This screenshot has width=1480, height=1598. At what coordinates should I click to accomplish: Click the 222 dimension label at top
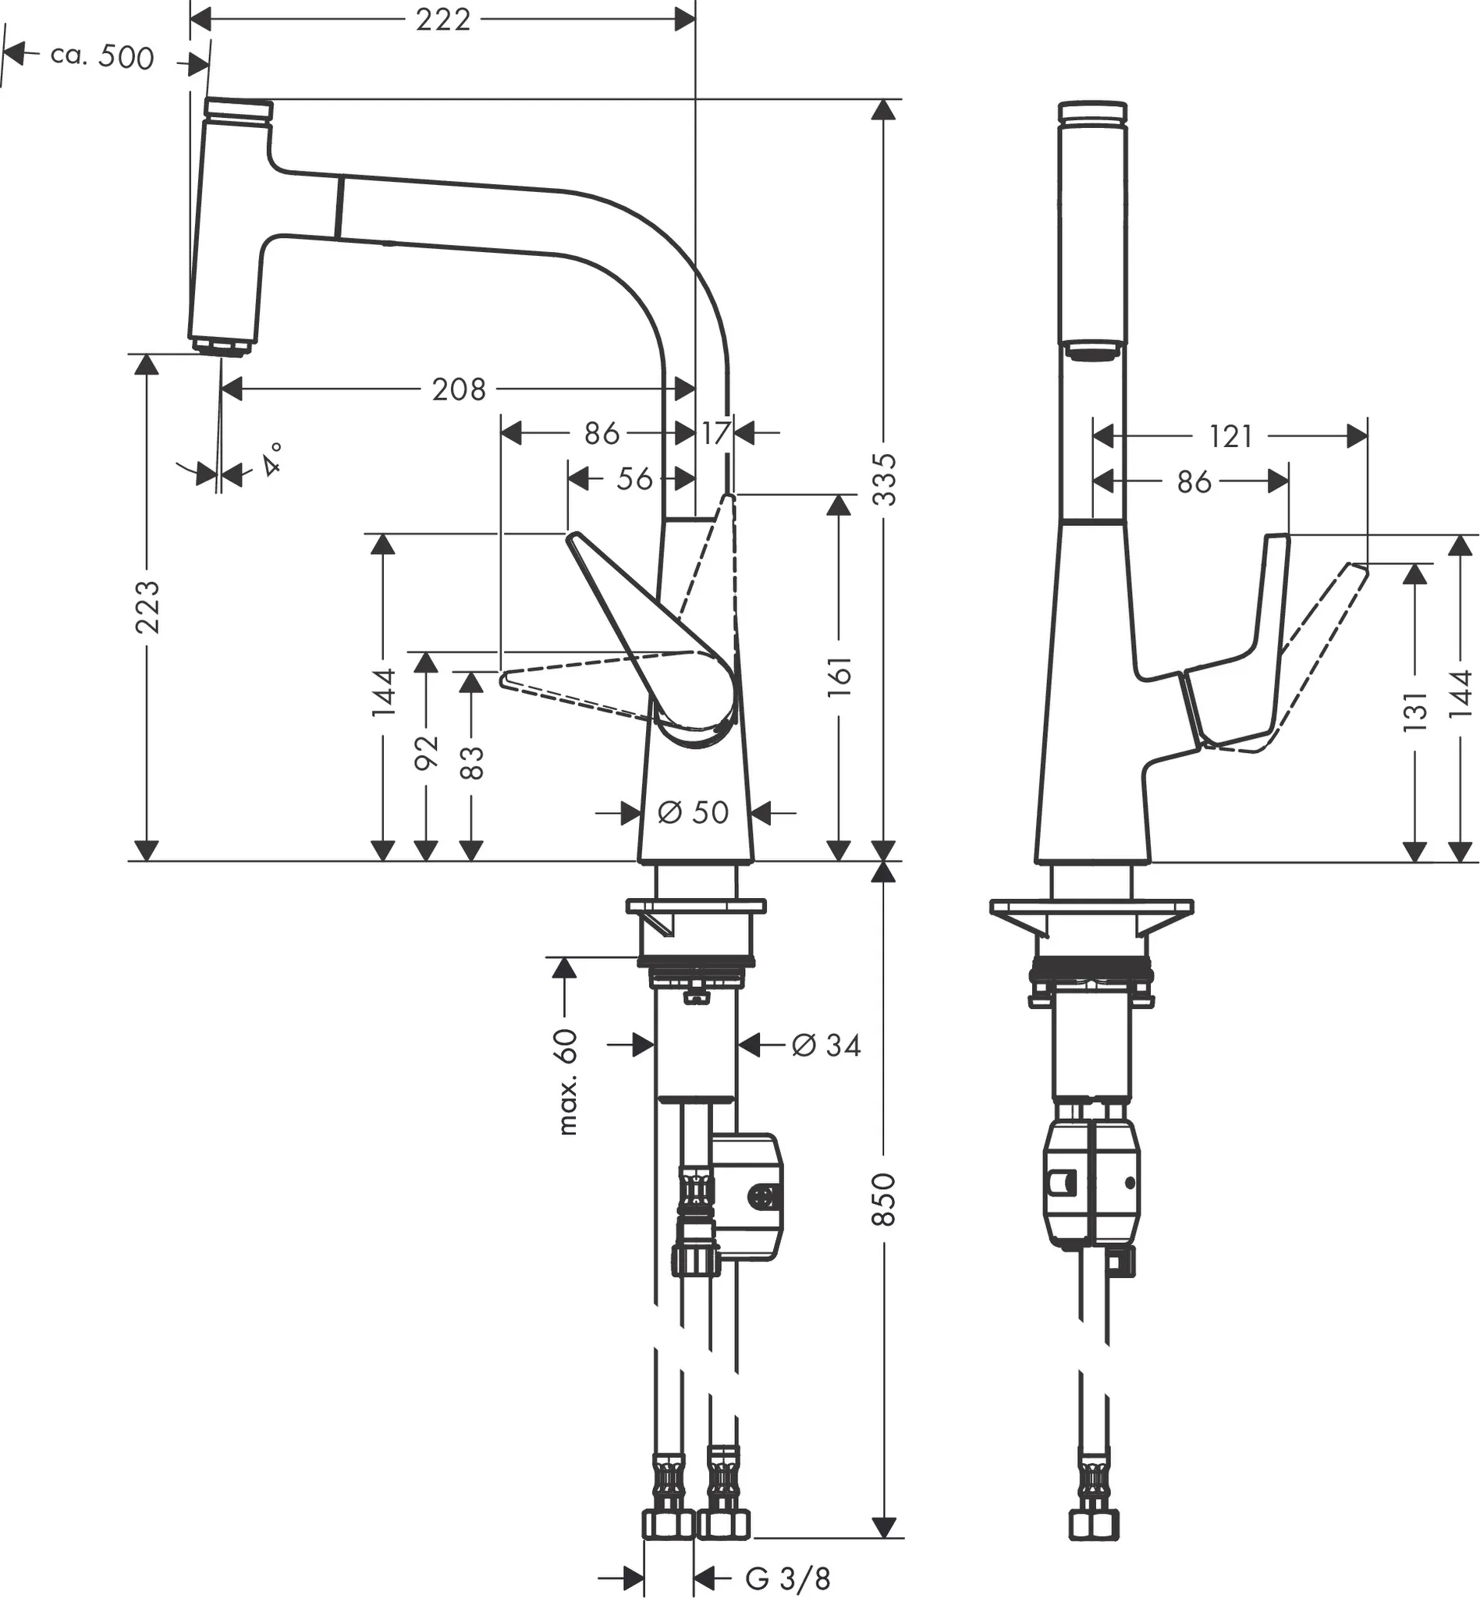[443, 20]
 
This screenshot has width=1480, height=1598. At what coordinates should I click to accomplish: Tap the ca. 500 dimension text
[101, 58]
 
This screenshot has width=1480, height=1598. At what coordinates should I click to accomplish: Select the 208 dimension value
[458, 390]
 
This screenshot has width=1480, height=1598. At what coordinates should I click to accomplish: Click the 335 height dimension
[884, 480]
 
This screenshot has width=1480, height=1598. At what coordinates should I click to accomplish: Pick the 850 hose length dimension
[883, 1199]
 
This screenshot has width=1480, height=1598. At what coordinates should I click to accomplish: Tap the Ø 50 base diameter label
[693, 813]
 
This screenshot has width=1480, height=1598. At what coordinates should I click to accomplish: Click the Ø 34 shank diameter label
[825, 1046]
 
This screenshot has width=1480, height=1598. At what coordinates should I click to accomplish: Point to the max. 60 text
[567, 1081]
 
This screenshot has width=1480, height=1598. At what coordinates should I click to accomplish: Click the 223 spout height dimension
[147, 607]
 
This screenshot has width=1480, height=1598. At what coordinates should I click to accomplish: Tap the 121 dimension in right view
[1230, 436]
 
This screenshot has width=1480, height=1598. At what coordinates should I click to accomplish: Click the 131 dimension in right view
[1416, 712]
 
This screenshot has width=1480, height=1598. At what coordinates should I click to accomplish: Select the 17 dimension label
[715, 433]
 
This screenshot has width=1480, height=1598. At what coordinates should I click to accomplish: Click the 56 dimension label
[634, 480]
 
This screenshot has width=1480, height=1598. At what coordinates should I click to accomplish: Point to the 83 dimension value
[472, 762]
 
